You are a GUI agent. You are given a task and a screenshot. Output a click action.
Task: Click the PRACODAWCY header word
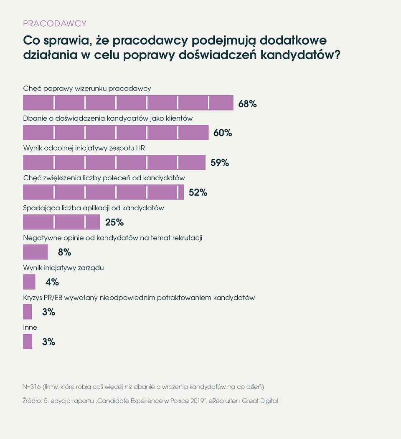click(x=55, y=23)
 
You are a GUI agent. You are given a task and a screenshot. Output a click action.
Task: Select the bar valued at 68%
click(x=128, y=103)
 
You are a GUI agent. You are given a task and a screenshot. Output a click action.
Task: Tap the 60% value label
click(x=223, y=133)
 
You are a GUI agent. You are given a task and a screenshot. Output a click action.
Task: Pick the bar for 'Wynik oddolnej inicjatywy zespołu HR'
click(x=114, y=163)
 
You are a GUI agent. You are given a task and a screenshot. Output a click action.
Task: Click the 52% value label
click(x=198, y=192)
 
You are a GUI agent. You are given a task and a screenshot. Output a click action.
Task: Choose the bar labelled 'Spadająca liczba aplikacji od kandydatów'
click(x=61, y=222)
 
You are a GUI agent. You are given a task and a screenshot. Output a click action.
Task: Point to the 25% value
click(x=114, y=222)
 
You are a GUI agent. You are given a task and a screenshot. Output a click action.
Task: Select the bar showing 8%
click(x=35, y=252)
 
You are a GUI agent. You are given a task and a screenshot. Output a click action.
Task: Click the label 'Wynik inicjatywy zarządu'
click(x=63, y=268)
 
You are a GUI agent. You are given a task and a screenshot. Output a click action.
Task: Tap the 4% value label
click(x=52, y=282)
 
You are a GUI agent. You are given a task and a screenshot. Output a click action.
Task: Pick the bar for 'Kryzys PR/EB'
click(x=28, y=312)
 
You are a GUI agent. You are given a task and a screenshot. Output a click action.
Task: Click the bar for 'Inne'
click(x=28, y=342)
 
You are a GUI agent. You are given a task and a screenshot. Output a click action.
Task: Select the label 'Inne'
click(x=30, y=328)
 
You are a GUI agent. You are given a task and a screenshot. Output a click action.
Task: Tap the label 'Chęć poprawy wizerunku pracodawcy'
click(x=87, y=88)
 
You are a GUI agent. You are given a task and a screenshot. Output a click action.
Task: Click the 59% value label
click(x=220, y=163)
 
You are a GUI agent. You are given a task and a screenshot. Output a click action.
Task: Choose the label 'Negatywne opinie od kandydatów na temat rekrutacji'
click(x=112, y=238)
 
